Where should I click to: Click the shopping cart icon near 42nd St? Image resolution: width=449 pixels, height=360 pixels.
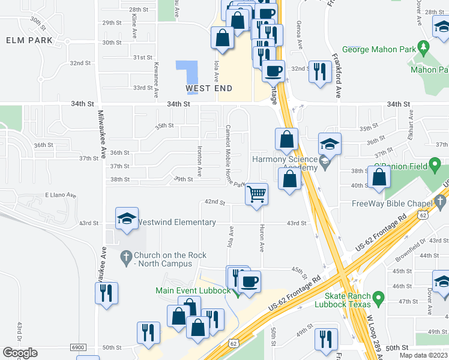pos(256,194)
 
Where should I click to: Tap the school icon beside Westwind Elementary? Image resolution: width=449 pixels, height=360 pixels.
pos(127,219)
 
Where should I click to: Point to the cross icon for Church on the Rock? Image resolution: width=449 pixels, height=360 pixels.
pos(125,259)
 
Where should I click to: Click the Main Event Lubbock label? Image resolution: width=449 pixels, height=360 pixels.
pos(193,291)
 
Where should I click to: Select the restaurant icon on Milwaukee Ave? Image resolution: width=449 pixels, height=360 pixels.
pos(106,293)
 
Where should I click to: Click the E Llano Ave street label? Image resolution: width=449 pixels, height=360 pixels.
pos(61,195)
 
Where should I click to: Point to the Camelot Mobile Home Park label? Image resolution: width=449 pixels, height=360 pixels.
pos(235,157)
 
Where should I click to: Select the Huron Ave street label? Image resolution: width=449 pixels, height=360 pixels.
pos(262,239)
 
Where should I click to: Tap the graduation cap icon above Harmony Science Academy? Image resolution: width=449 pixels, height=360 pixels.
pos(330,144)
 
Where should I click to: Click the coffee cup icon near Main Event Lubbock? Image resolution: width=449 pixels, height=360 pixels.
pos(250,280)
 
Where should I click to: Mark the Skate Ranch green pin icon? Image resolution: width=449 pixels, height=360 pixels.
pos(378,296)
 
